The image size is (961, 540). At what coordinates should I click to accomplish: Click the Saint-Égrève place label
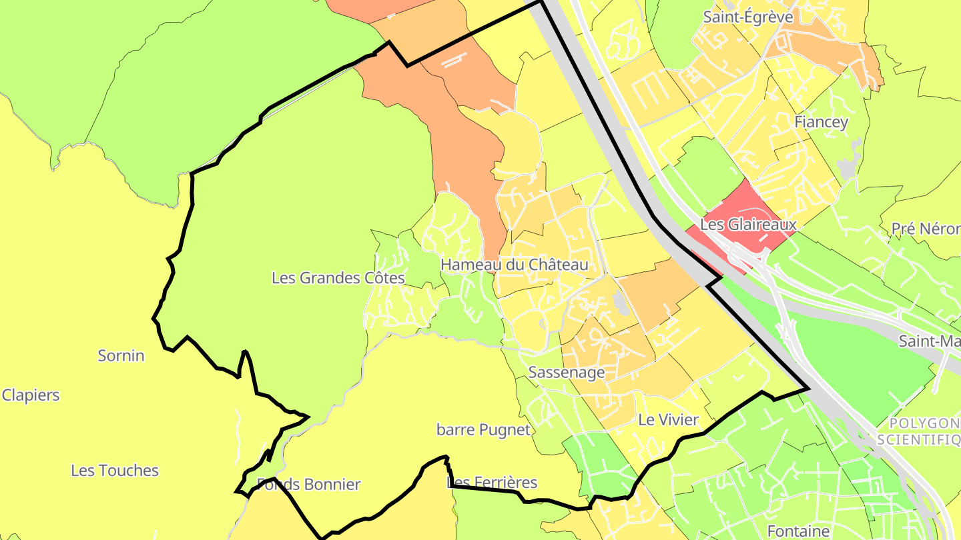click(x=748, y=17)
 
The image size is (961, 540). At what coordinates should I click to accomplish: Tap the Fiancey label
click(x=821, y=122)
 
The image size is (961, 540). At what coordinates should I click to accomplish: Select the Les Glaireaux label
click(x=748, y=225)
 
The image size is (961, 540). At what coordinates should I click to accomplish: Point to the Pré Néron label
click(x=926, y=229)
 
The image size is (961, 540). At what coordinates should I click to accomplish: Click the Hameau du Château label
click(x=514, y=265)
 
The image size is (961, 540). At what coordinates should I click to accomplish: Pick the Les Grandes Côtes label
click(x=338, y=277)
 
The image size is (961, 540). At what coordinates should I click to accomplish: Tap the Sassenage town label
click(x=566, y=372)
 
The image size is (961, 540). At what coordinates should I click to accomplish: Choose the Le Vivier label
click(x=668, y=420)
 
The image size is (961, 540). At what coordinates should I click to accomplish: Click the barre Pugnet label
click(x=484, y=430)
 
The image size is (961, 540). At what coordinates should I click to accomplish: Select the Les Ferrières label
click(x=492, y=483)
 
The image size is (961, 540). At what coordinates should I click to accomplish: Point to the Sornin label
click(x=121, y=355)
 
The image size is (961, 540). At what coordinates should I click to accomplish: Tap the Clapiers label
click(x=31, y=395)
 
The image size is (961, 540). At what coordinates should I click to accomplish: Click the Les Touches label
click(x=115, y=471)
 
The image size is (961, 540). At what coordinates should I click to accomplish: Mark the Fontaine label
click(x=798, y=531)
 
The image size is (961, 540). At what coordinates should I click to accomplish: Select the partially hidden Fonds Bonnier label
click(x=309, y=485)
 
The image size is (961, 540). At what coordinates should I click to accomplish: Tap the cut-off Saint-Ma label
click(x=929, y=341)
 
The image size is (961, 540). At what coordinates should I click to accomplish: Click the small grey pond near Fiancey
click(x=848, y=167)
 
